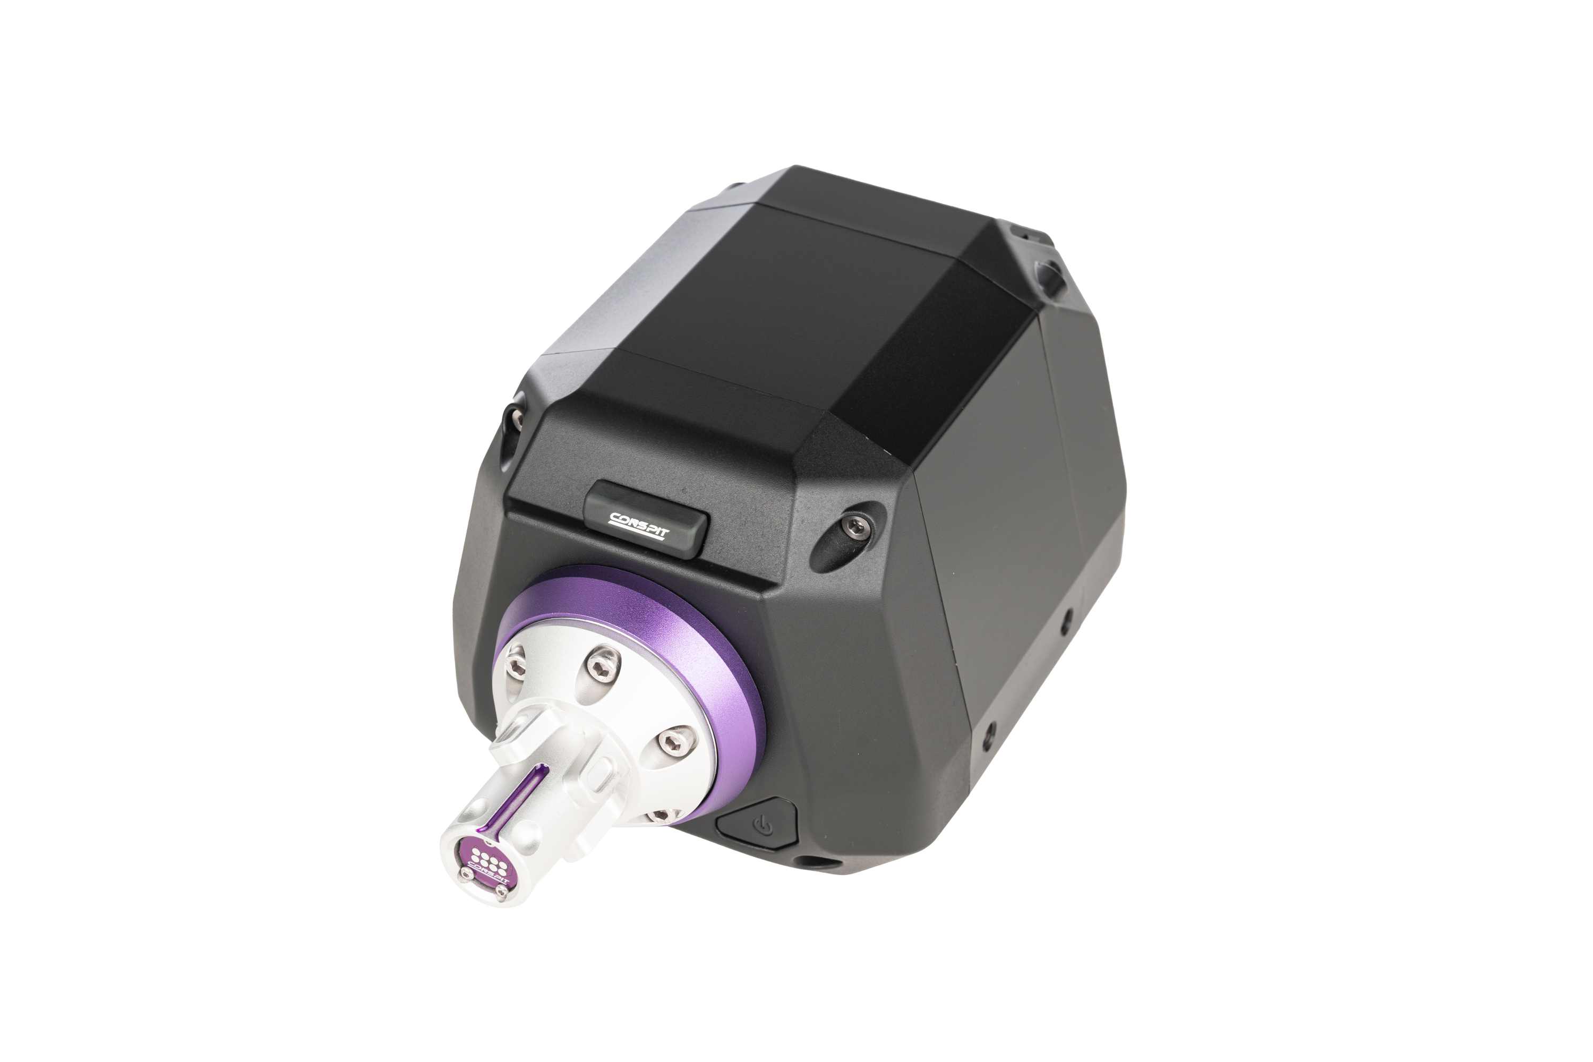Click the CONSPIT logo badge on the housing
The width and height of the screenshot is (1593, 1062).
click(x=647, y=517)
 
